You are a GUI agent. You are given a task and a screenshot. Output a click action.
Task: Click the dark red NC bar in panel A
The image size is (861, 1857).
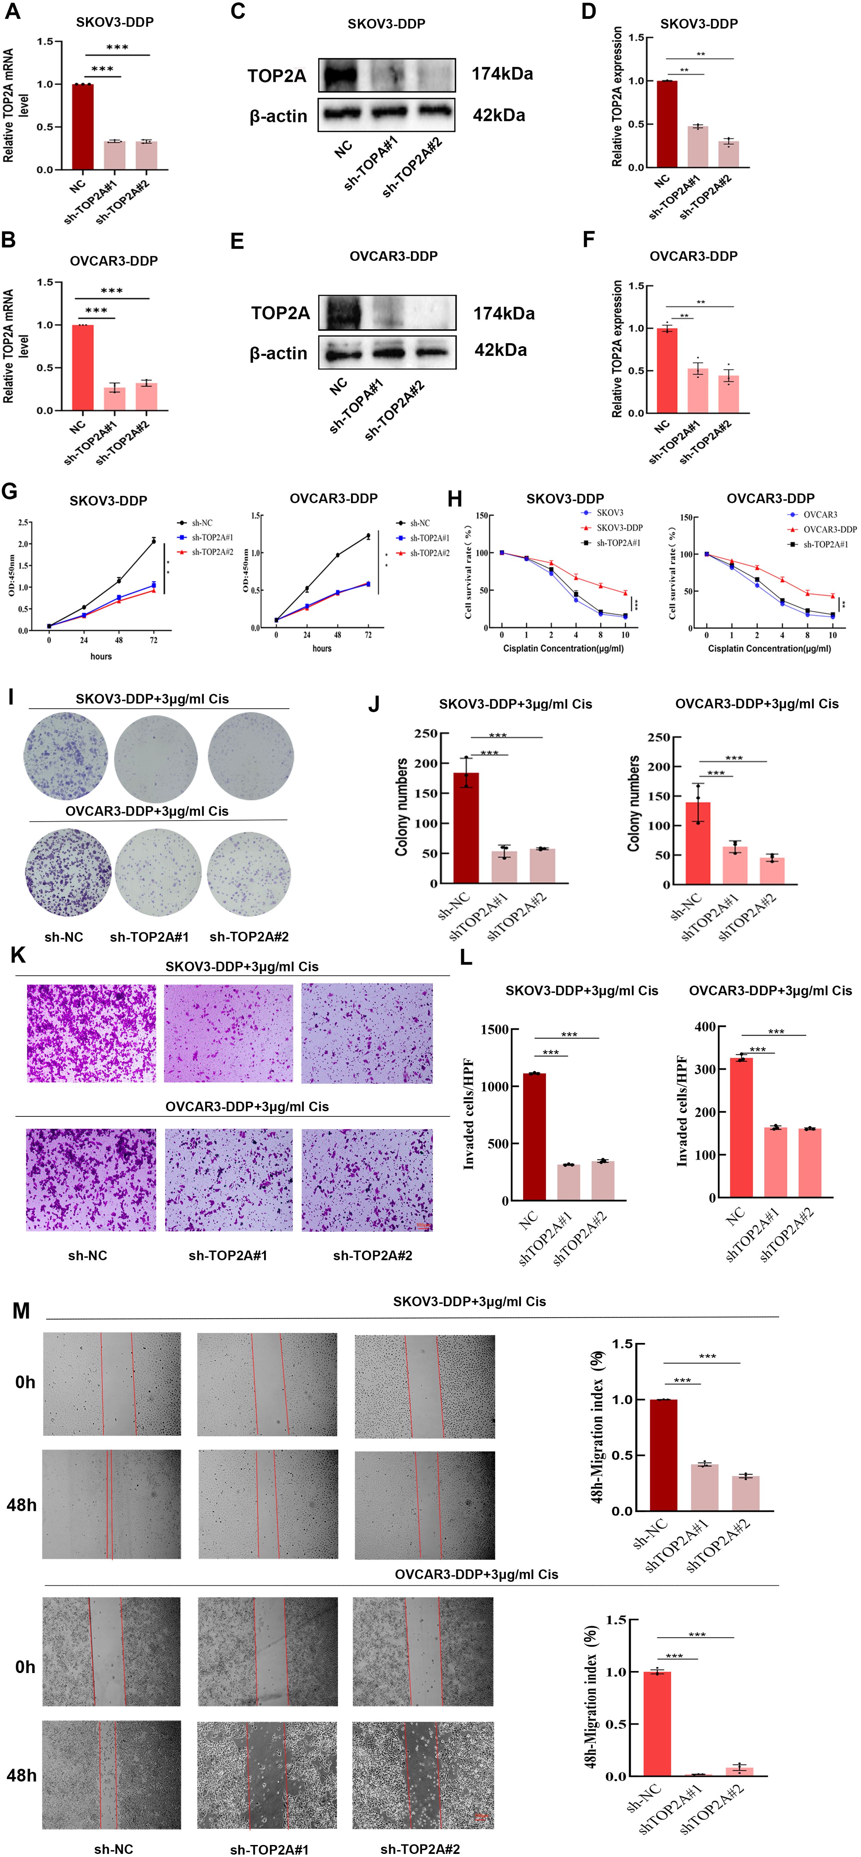point(82,127)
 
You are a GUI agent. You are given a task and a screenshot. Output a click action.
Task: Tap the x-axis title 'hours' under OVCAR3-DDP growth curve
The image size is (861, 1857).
point(321,649)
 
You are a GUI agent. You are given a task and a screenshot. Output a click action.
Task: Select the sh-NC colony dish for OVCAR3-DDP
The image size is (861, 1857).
point(68,873)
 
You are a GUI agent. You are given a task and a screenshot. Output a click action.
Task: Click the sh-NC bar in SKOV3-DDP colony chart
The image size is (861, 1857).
point(466,828)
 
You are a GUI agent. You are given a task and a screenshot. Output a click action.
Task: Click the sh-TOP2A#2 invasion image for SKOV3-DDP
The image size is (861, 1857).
point(367,1034)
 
